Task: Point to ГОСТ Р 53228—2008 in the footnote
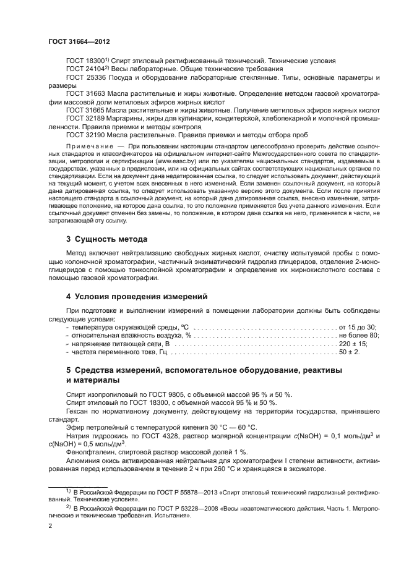149,506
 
